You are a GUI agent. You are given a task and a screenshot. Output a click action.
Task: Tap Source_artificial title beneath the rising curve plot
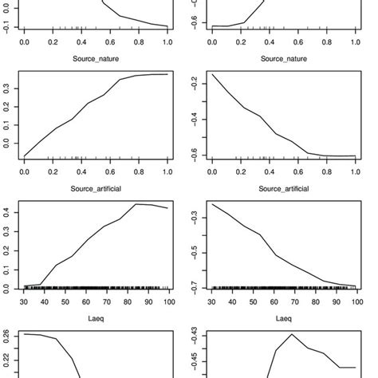95,190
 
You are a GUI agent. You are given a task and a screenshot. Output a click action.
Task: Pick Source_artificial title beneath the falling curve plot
283,190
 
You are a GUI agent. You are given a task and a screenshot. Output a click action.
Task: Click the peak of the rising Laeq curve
135,204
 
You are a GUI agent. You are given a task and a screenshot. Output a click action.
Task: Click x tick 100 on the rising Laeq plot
166,302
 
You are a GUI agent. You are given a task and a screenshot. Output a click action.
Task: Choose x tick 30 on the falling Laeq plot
213,302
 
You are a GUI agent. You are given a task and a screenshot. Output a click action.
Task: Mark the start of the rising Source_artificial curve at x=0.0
25,156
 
